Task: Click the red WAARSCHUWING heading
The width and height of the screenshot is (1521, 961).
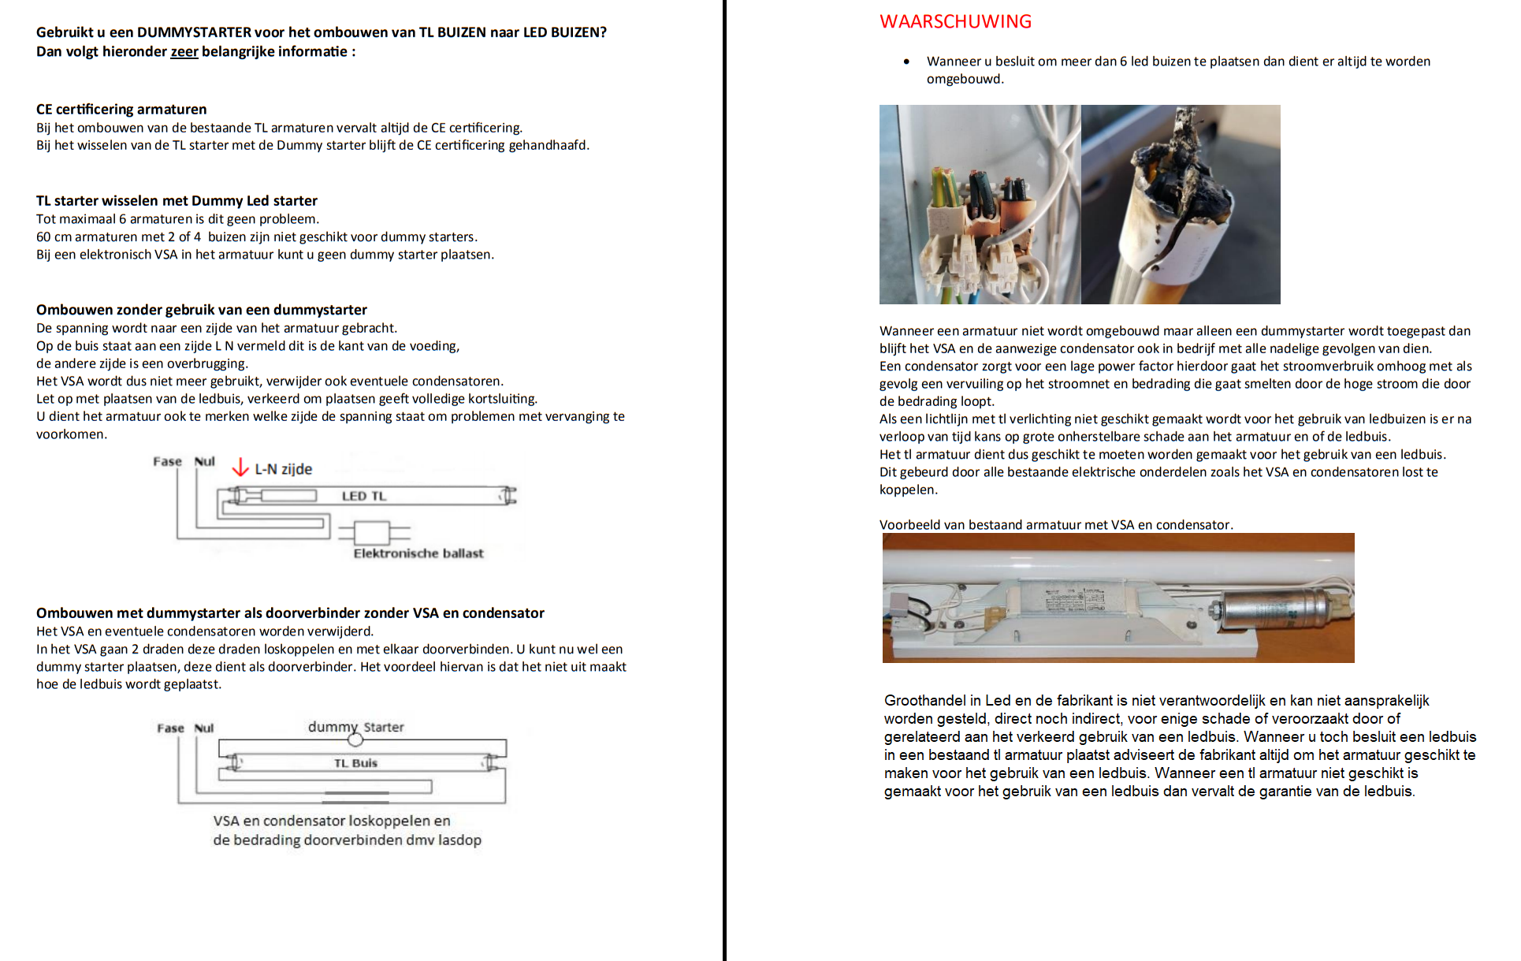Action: [x=955, y=22]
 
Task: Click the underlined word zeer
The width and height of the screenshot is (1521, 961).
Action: [x=184, y=52]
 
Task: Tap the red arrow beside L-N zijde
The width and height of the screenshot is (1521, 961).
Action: [x=240, y=467]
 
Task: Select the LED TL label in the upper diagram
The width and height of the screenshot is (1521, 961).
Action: [x=364, y=496]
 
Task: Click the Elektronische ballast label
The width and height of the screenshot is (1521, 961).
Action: [x=418, y=553]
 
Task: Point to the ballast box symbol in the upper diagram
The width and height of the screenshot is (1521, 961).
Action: [x=371, y=533]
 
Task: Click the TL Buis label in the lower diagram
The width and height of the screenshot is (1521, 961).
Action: [x=355, y=763]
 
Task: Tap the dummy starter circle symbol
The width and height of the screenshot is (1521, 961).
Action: [x=355, y=739]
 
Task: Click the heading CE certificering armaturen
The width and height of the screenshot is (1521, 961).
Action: [x=121, y=110]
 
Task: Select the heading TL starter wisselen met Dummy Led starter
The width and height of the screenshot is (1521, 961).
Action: [x=177, y=201]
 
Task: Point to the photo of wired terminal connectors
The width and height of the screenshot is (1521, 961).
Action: [x=980, y=205]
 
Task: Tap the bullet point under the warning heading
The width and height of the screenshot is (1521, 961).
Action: [x=906, y=61]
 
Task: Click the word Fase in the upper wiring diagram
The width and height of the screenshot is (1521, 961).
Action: [x=167, y=461]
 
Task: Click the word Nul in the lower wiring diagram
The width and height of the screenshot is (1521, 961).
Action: [x=204, y=728]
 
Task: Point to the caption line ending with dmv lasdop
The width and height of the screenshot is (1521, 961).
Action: [x=347, y=840]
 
